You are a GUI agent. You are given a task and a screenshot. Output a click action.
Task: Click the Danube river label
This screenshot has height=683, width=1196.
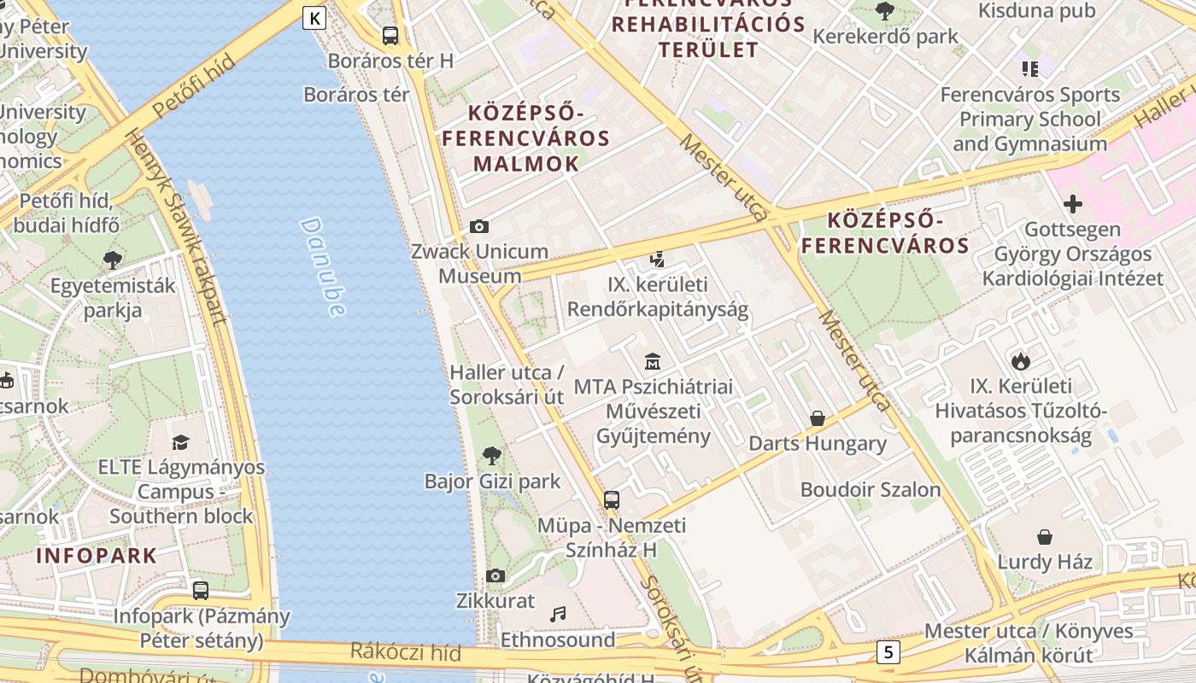323,266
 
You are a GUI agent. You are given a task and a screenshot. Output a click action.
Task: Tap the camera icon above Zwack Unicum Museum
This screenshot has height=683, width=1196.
479,226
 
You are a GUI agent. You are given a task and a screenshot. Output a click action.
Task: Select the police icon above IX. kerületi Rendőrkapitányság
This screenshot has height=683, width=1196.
657,259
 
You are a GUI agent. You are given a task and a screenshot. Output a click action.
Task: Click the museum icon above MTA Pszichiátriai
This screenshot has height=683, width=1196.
653,361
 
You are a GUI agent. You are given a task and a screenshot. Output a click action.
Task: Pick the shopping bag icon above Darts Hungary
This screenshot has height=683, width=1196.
818,418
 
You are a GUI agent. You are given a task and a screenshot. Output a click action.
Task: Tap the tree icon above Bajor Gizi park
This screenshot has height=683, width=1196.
492,455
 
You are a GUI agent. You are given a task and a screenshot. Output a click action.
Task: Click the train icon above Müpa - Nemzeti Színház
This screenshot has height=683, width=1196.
612,499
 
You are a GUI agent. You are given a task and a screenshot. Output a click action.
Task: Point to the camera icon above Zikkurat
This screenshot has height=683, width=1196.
495,575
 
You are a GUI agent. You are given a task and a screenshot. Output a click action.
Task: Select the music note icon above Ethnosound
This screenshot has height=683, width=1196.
558,614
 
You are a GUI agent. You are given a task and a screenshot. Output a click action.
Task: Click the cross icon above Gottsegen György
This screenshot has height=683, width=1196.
1073,204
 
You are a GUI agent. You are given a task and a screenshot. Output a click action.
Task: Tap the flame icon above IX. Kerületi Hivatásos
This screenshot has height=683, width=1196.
1020,361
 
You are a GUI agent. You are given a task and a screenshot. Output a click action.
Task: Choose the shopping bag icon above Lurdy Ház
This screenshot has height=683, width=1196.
1045,536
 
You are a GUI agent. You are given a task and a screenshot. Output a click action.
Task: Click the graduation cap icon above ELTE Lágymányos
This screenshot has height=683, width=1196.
181,442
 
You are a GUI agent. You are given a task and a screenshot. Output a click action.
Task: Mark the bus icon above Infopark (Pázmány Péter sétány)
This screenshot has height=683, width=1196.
201,590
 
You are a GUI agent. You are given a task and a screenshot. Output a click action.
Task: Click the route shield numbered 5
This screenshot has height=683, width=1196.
888,652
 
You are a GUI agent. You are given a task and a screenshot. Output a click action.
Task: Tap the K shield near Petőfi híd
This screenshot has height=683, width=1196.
314,17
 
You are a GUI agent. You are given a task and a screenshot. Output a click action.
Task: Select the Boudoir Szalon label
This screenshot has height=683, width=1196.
870,489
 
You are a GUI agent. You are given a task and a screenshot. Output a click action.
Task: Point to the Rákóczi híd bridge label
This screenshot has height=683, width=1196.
406,653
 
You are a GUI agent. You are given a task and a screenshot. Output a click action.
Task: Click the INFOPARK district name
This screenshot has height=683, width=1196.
97,556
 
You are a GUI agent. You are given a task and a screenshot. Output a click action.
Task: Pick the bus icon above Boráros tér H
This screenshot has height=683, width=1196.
390,35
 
